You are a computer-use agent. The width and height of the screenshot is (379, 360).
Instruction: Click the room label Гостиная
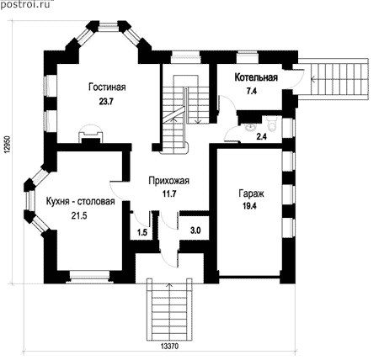coord(107,87)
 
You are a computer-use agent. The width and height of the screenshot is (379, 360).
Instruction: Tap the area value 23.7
coord(106,101)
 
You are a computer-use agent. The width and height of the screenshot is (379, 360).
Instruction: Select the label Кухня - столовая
coord(81,201)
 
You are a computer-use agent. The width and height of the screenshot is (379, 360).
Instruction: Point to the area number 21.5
coord(79,215)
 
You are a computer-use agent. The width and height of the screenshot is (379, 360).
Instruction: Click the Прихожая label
coord(169,181)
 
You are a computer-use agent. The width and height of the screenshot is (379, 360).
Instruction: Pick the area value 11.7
coord(169,193)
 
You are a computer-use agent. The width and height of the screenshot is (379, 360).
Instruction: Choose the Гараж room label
coord(251,193)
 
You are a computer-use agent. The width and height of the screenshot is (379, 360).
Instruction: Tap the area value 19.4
coord(249,206)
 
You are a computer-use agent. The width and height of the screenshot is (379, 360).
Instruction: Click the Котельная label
coord(256,77)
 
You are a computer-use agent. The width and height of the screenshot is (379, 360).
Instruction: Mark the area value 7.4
coord(252,91)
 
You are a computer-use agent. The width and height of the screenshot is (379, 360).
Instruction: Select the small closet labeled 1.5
coord(142,232)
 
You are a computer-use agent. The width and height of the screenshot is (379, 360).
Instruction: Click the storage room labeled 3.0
coord(195,230)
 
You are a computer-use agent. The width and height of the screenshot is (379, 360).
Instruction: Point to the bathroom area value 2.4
coord(262,136)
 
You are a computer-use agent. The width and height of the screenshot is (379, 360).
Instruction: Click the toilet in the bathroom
coord(271,124)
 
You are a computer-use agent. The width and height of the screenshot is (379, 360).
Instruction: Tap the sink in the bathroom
coord(250,128)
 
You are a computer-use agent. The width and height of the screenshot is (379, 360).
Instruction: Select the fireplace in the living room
coord(90,135)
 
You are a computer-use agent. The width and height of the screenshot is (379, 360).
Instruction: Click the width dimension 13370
coord(169,347)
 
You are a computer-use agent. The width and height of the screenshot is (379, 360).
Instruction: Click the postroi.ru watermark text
coord(25,4)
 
